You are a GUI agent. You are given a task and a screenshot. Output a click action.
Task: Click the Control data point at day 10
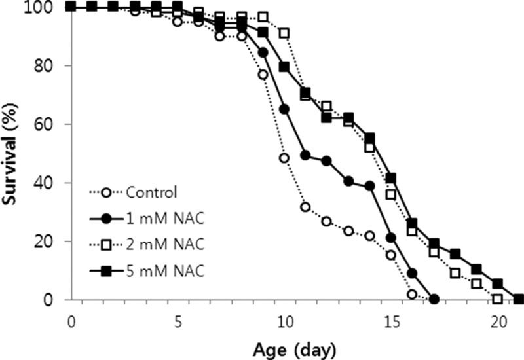click(x=284, y=158)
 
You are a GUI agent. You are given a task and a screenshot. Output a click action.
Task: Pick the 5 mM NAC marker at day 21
click(x=519, y=299)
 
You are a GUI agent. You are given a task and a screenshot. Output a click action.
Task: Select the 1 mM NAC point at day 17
click(x=434, y=299)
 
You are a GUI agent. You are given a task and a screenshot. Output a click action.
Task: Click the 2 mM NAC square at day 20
click(x=498, y=298)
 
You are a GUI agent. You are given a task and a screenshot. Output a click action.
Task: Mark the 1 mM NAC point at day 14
click(x=369, y=186)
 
